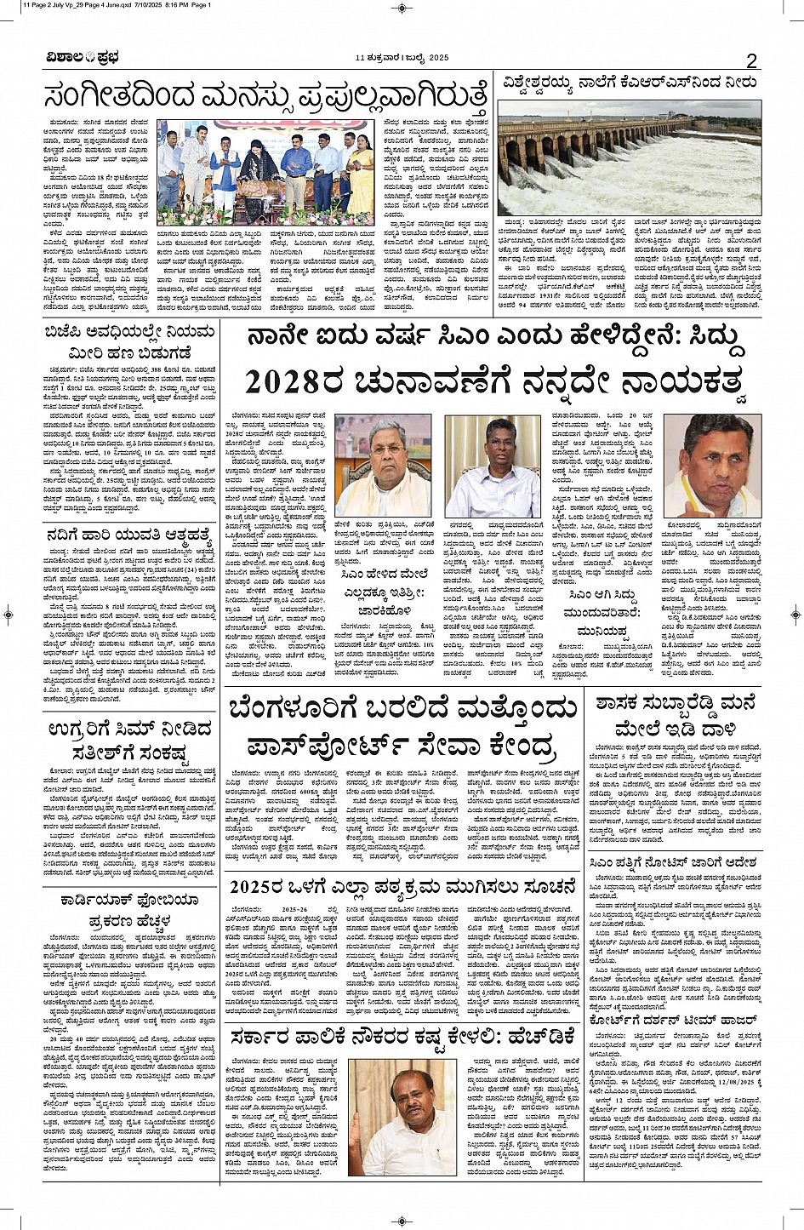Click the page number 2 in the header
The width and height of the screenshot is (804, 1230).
point(751,60)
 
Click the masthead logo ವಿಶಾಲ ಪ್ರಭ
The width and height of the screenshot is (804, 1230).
point(83,59)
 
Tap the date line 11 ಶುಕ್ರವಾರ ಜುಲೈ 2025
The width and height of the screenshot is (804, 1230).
point(402,58)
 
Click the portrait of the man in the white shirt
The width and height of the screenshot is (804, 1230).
point(493,466)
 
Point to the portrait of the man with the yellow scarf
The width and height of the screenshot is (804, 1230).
point(713,465)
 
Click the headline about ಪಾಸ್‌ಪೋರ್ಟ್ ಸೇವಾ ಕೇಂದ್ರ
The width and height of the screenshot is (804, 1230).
point(401,727)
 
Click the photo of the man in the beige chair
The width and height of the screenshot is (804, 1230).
point(402,1117)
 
